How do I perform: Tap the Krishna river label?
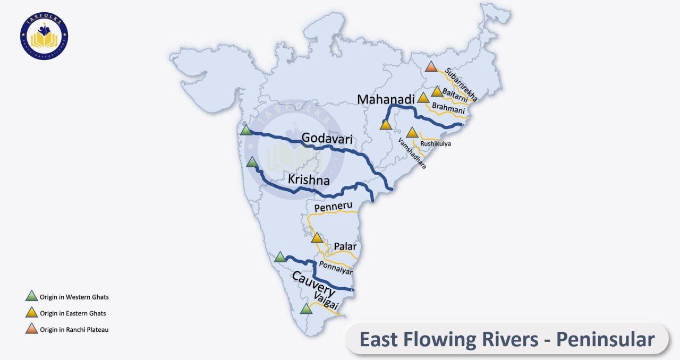[x=309, y=179]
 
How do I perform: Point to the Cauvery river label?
[x=313, y=284]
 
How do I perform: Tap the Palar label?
[x=345, y=246]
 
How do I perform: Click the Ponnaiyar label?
[x=335, y=268]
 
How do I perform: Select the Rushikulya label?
[x=435, y=143]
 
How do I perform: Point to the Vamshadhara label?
[x=412, y=153]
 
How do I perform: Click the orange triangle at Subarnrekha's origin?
[x=431, y=67]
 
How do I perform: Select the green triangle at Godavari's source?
[x=245, y=130]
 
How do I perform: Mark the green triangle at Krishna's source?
[x=252, y=162]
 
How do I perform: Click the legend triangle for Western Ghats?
[x=32, y=296]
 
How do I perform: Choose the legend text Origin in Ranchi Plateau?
[x=74, y=330]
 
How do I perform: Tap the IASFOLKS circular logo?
[x=45, y=36]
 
